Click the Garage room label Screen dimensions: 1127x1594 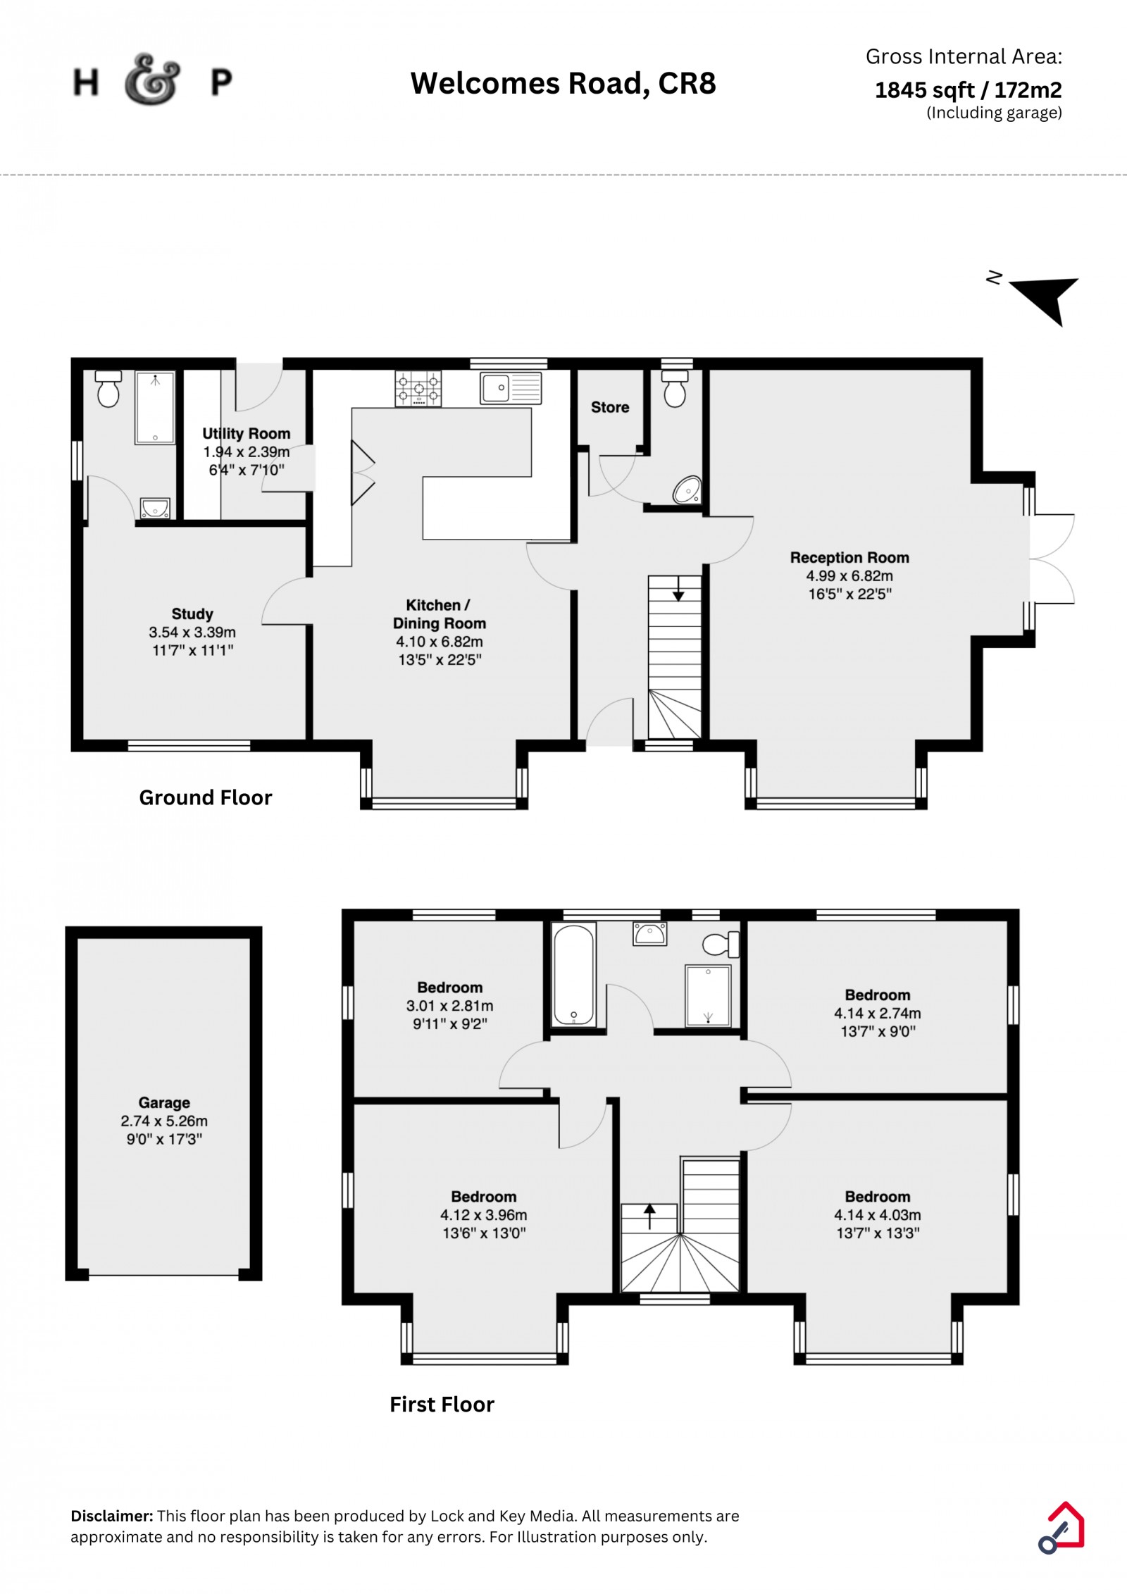pos(164,1102)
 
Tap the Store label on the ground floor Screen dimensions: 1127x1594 pos(610,407)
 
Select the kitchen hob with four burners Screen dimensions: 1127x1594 pos(418,388)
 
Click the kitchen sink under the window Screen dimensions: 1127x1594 pos(511,388)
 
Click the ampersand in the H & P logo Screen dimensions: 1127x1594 pos(152,79)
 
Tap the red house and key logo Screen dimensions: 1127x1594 pos(1061,1528)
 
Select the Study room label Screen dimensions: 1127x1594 pos(192,614)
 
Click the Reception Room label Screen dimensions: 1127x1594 pos(849,558)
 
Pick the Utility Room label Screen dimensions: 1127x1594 pos(247,434)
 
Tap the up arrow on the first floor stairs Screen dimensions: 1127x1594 pos(649,1216)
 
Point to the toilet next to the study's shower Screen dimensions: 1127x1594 pos(108,388)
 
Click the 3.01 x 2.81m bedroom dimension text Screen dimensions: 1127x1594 pos(450,1006)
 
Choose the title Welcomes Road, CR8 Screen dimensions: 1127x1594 pos(563,83)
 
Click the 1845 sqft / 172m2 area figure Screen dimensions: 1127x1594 pos(969,90)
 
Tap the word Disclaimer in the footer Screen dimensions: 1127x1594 pos(112,1516)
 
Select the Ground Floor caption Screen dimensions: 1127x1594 pos(206,797)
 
